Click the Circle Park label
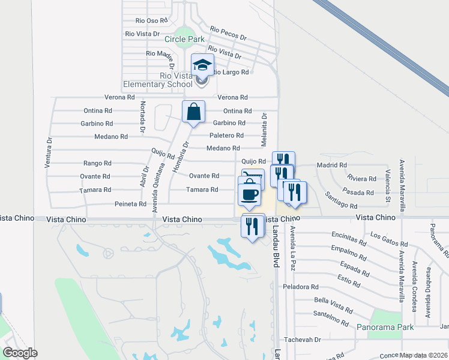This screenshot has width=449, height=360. tap(184, 40)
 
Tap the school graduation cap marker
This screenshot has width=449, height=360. tap(202, 64)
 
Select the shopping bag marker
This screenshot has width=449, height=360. tap(193, 112)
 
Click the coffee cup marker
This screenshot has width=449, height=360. tap(249, 194)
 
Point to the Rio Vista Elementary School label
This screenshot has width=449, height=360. tap(158, 80)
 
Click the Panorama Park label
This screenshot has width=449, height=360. tap(385, 328)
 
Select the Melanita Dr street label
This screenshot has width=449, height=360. tap(264, 129)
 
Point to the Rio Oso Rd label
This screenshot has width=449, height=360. tap(148, 20)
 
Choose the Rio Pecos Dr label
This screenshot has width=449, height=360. tap(228, 32)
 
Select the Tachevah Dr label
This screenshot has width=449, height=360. tap(303, 340)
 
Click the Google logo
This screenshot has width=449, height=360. tap(20, 353)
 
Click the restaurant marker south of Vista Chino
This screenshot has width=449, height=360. tap(250, 226)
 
